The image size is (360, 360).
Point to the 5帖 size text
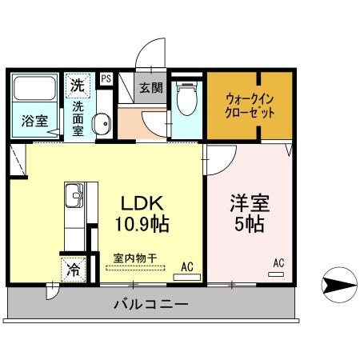point(246,225)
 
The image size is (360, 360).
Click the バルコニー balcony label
point(150,305)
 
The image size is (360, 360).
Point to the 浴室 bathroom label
point(33,122)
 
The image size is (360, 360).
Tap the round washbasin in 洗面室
point(101,124)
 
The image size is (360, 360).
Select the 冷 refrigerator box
point(72,269)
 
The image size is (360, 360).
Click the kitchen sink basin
point(72,194)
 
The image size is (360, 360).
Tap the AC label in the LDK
point(187,266)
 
